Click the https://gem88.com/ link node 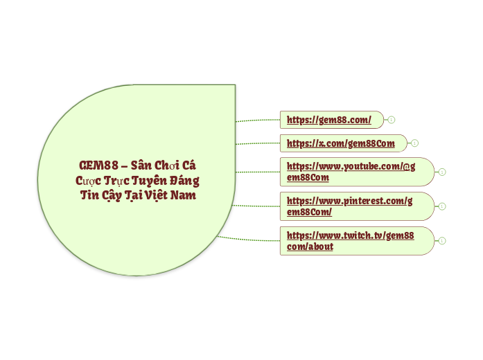pos(329,120)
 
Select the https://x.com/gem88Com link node pos(340,143)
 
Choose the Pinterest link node pos(349,206)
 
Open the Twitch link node pos(350,240)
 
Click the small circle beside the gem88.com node pos(392,120)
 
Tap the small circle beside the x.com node pos(414,143)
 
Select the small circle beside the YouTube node pos(442,172)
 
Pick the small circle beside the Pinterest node pos(442,206)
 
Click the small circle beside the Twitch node pos(442,241)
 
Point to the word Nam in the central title pos(183,195)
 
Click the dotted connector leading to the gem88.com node pos(258,120)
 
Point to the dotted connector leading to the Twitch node pos(249,239)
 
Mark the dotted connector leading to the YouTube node pos(258,171)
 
